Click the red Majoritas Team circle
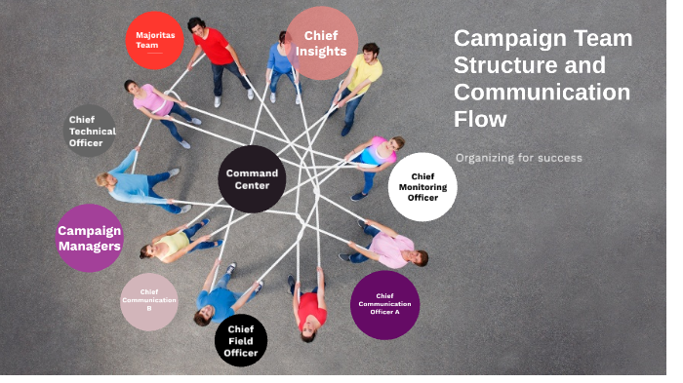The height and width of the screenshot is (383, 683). [x=155, y=40]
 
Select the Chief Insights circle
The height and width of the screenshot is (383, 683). [x=321, y=44]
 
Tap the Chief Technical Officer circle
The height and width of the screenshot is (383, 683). [x=91, y=131]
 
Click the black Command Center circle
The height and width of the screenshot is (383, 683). [x=252, y=178]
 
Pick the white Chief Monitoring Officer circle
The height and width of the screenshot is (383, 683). [x=422, y=187]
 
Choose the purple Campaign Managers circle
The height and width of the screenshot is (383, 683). [x=90, y=238]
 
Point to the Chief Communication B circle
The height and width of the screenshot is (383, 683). [x=148, y=300]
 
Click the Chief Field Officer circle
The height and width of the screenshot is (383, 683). [x=241, y=341]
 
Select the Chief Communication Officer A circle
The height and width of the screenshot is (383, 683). [x=384, y=305]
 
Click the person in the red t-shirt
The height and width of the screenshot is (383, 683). [x=213, y=46]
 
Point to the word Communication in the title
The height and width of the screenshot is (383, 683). [x=542, y=93]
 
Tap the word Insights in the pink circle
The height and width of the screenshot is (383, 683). [x=321, y=52]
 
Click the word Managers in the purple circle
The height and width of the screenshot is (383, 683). [x=89, y=247]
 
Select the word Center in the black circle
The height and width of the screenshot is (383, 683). [x=252, y=186]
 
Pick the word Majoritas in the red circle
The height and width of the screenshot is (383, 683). [x=155, y=34]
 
